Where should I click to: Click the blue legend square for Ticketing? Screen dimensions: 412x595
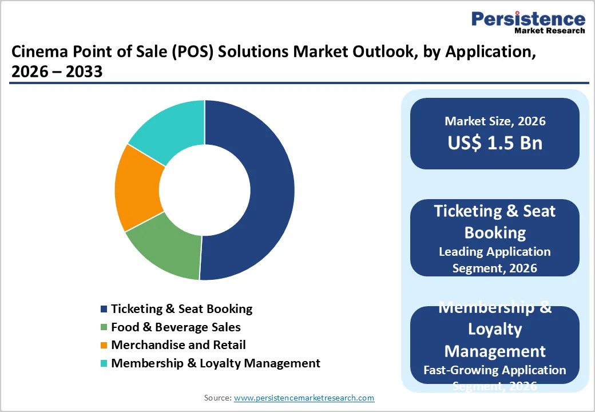pos(104,309)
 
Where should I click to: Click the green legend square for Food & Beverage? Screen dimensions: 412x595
pos(104,327)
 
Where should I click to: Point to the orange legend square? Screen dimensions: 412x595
pos(104,345)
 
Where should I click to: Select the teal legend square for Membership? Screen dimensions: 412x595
pos(104,363)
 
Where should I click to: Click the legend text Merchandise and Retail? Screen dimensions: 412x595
pos(178,345)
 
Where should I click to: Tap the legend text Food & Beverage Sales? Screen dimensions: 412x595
pos(176,327)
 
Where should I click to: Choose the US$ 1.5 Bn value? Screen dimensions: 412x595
pos(495,142)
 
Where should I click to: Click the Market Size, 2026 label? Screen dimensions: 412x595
pos(495,121)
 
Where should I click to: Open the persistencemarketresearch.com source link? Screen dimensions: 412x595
pos(304,398)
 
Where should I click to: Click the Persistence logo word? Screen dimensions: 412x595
pos(528,19)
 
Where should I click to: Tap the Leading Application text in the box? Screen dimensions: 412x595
pos(495,252)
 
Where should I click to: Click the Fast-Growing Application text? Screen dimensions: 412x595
pos(495,370)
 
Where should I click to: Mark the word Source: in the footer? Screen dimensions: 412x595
pos(217,398)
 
